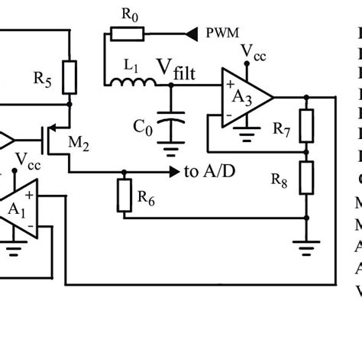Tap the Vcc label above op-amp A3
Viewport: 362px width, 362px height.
pos(254,52)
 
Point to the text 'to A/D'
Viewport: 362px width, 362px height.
pos(208,171)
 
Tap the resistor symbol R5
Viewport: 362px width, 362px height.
pos(69,76)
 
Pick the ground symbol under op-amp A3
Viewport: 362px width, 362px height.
pos(246,139)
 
